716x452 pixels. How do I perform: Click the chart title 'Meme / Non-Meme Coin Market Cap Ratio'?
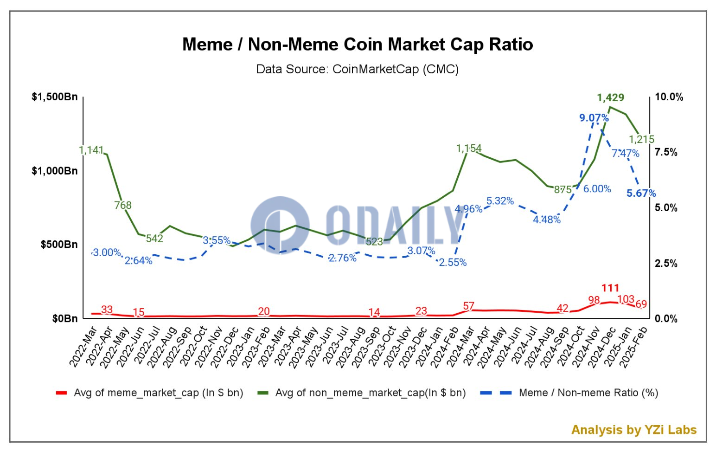pyautogui.click(x=358, y=45)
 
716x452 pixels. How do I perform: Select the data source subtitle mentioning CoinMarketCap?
pyautogui.click(x=358, y=69)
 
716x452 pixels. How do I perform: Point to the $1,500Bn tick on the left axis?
pyautogui.click(x=55, y=97)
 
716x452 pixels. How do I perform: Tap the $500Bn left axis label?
pyautogui.click(x=59, y=245)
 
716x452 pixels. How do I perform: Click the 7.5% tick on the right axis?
pyautogui.click(x=666, y=152)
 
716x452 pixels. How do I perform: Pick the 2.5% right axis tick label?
pyautogui.click(x=666, y=264)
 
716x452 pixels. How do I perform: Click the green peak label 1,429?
pyautogui.click(x=610, y=97)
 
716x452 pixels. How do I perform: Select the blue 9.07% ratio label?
pyautogui.click(x=594, y=118)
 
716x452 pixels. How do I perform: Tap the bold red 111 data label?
pyautogui.click(x=610, y=288)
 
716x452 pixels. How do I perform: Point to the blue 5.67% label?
pyautogui.click(x=641, y=193)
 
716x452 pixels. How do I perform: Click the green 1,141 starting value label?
pyautogui.click(x=91, y=150)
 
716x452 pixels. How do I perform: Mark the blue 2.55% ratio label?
pyautogui.click(x=453, y=262)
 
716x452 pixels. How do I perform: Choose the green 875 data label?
pyautogui.click(x=563, y=189)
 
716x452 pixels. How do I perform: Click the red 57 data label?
pyautogui.click(x=469, y=306)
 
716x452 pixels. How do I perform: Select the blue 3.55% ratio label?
pyautogui.click(x=217, y=240)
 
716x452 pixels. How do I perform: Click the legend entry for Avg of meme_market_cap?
pyautogui.click(x=158, y=393)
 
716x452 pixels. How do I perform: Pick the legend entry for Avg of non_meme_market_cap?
pyautogui.click(x=370, y=393)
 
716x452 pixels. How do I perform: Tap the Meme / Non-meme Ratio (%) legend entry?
pyautogui.click(x=588, y=393)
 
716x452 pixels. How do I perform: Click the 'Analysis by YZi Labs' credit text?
pyautogui.click(x=633, y=430)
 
